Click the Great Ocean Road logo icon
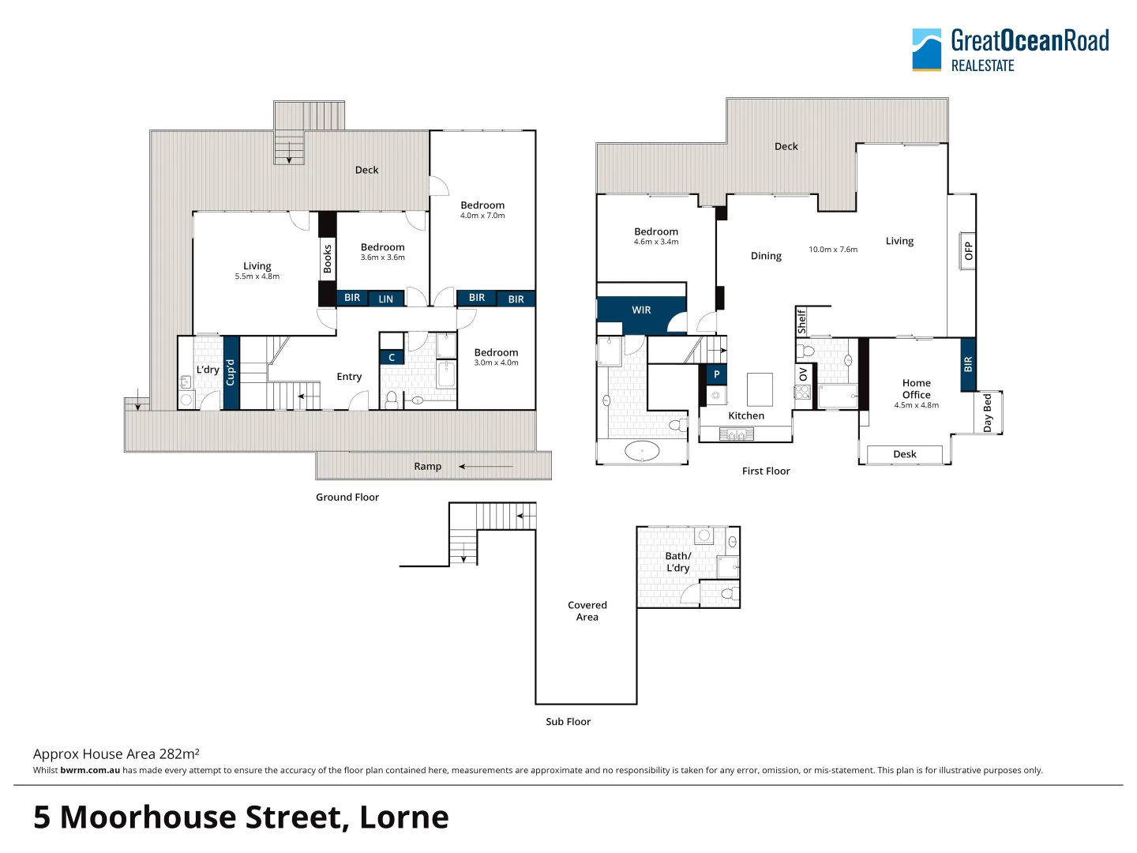(927, 50)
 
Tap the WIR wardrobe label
(641, 310)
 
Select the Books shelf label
(327, 259)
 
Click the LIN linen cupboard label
(385, 299)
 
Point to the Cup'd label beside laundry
(231, 372)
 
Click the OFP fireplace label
(968, 251)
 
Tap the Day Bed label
(987, 412)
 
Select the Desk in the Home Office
(905, 454)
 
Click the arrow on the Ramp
(486, 467)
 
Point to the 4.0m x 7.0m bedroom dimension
(482, 216)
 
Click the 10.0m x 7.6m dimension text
(832, 250)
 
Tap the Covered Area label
(587, 611)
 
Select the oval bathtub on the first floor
(642, 452)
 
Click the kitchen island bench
(759, 389)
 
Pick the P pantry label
(716, 374)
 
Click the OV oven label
(803, 374)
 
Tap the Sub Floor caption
(568, 722)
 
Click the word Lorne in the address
(403, 817)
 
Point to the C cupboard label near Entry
(392, 358)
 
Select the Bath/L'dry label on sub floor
(677, 562)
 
